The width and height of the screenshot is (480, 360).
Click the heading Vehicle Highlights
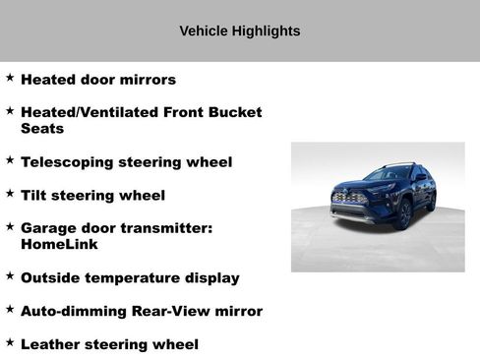tap(239, 31)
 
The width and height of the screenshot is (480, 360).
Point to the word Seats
tap(42, 129)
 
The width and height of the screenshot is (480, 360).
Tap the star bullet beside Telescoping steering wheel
tap(10, 159)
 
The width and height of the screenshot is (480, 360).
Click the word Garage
tap(49, 228)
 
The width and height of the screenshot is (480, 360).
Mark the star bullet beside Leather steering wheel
tap(10, 342)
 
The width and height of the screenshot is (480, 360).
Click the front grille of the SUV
tap(349, 198)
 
